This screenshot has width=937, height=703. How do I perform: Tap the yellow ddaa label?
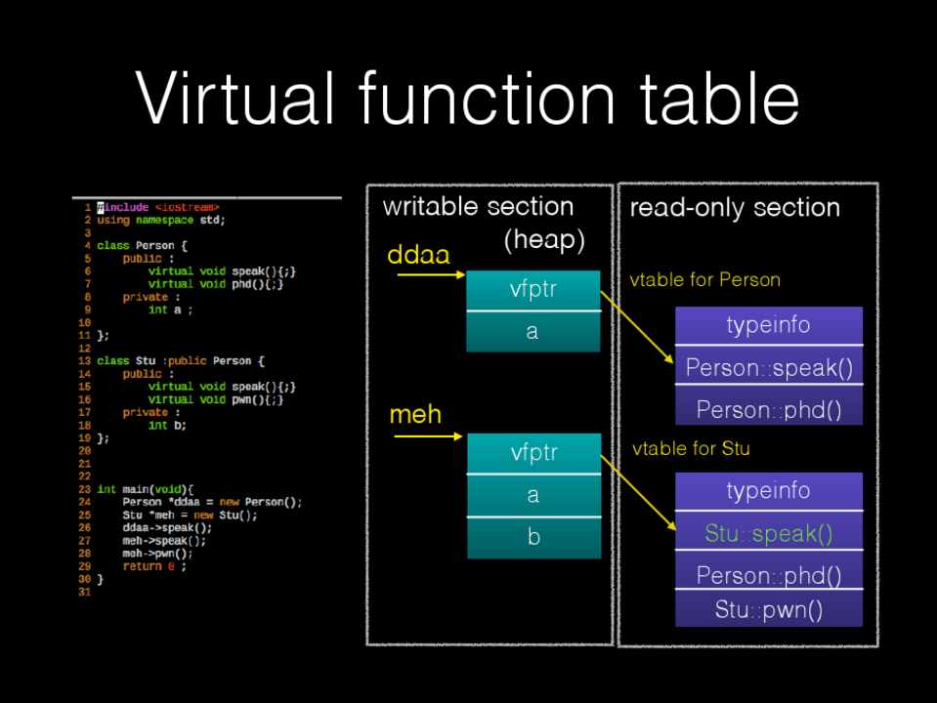[418, 255]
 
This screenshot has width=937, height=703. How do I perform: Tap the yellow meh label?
[415, 415]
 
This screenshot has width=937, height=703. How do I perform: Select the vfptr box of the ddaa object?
[532, 290]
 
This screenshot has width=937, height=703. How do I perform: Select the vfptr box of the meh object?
[532, 453]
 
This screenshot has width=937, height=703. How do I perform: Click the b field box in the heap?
[532, 537]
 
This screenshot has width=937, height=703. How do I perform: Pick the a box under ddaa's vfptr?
[532, 331]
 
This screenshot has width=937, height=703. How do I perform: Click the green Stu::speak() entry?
[769, 533]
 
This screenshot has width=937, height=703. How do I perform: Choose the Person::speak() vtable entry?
[769, 368]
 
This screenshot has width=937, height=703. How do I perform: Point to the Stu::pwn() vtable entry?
[769, 611]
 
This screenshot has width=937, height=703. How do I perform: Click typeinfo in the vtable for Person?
[769, 325]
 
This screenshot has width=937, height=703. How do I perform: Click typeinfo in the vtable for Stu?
[769, 490]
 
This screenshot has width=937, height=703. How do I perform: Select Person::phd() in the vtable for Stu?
[769, 575]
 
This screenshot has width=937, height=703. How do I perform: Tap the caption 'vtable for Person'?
[705, 280]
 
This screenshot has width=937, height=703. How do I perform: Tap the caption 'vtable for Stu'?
[691, 449]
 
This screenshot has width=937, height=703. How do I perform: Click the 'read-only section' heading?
[735, 207]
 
